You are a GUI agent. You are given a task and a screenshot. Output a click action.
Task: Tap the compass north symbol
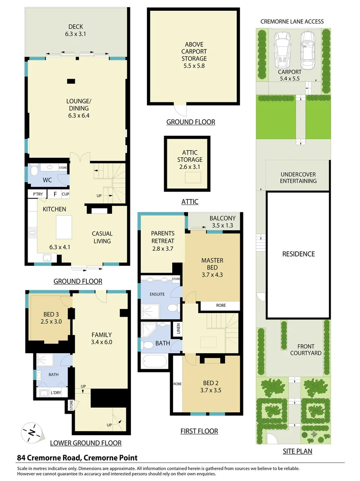point(32,432)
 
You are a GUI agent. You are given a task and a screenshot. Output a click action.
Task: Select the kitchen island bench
point(64,227)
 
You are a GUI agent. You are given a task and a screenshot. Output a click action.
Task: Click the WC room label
point(48,180)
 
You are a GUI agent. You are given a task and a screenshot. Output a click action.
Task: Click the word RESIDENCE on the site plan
point(298,254)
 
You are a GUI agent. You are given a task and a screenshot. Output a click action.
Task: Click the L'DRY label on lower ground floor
point(56,392)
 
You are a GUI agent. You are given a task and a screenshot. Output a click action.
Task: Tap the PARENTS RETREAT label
point(162,241)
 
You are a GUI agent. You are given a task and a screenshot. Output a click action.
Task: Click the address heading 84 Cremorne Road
point(77,457)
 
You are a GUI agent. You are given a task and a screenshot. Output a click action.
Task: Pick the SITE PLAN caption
point(297,451)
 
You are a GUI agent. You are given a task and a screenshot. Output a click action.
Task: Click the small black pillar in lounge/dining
point(71,81)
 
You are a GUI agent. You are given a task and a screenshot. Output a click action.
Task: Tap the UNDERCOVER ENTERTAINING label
point(298,177)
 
